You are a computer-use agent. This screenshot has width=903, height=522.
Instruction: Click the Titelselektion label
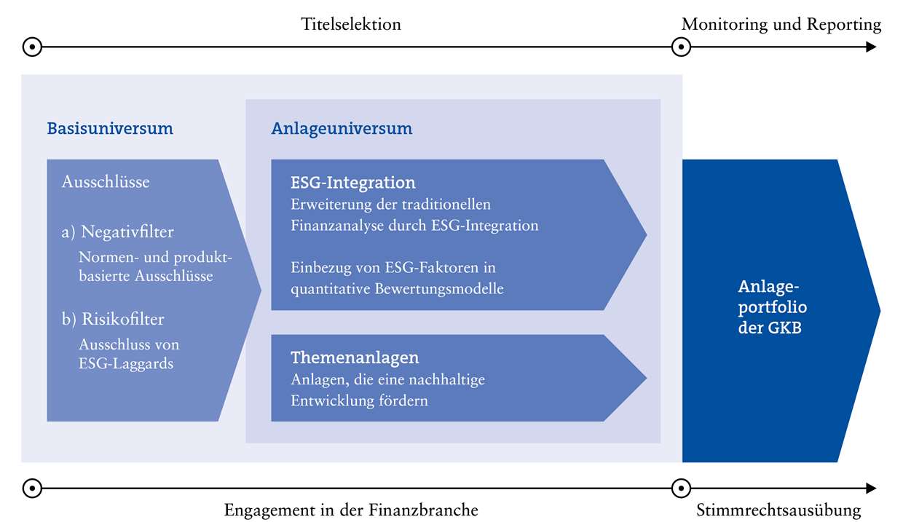tap(351, 24)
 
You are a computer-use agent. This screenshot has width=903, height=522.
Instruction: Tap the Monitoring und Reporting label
tap(781, 24)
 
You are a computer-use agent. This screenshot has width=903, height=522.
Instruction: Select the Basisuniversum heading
tap(110, 129)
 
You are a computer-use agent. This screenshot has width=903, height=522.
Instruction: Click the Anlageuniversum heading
tap(342, 129)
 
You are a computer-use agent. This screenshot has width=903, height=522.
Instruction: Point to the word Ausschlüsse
tap(106, 181)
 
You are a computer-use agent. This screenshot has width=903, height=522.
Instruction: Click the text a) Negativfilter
tap(118, 232)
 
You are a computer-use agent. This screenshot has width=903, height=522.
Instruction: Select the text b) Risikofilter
tap(113, 319)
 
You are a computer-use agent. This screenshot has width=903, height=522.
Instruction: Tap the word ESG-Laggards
tap(126, 363)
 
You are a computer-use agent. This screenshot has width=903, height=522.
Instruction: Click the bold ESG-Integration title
tap(353, 182)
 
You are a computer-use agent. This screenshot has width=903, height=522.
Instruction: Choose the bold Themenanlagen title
tap(355, 357)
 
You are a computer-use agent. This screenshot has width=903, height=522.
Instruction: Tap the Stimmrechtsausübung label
tap(778, 510)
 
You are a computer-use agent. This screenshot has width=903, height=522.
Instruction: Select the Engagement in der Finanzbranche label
tap(351, 510)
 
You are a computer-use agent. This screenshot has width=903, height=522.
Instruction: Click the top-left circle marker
tap(32, 47)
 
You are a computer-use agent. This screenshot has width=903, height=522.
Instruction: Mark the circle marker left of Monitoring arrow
tap(680, 47)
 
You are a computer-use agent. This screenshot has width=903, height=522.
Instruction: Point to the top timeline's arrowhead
tap(871, 47)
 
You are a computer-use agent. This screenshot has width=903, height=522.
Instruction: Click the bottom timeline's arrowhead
tap(871, 488)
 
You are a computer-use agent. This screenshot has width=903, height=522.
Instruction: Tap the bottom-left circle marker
tap(32, 488)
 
